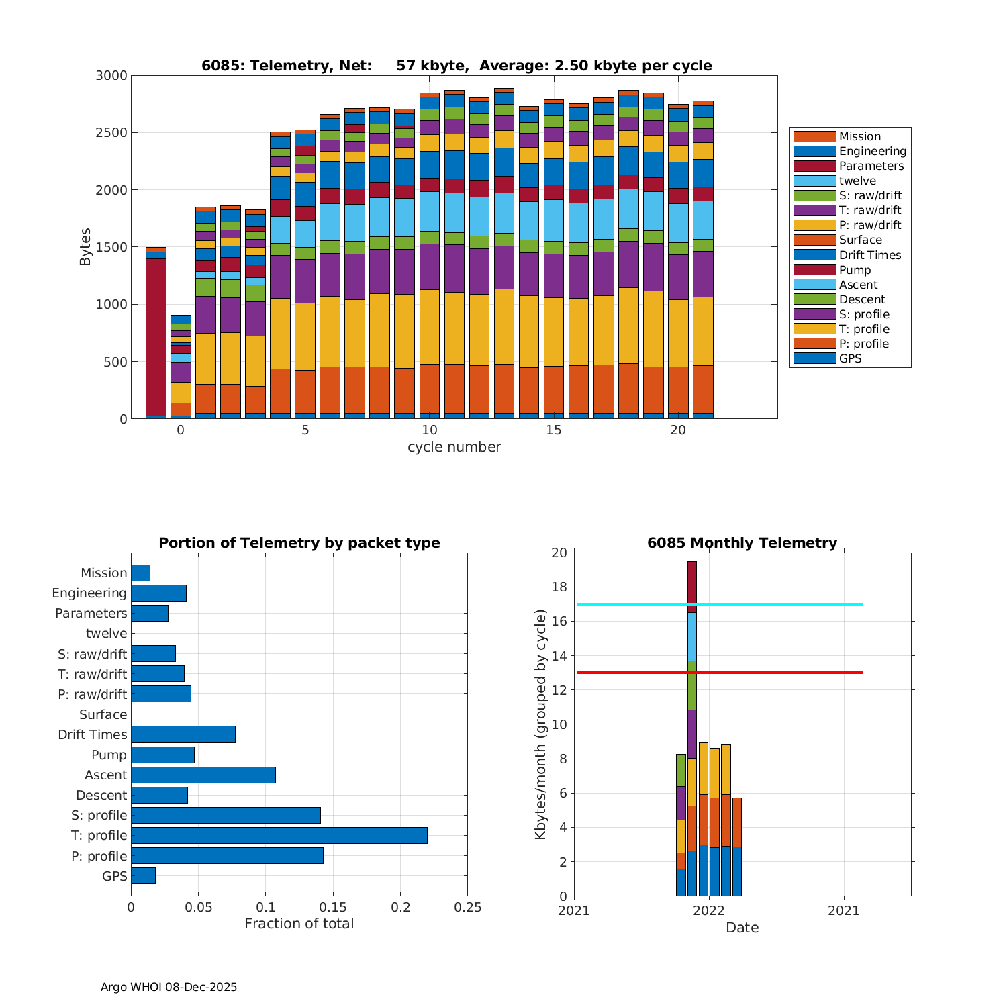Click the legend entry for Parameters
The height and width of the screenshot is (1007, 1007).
pos(871,166)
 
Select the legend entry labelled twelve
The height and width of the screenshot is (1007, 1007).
pos(857,181)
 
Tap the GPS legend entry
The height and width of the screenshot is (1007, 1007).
pos(850,358)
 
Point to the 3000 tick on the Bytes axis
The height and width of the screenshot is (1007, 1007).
pos(111,76)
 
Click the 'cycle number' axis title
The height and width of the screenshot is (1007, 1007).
pos(454,447)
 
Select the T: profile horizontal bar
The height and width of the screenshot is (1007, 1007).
pos(279,835)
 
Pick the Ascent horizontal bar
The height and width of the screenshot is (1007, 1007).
pos(203,775)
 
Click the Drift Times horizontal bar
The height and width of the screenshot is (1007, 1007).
pos(183,734)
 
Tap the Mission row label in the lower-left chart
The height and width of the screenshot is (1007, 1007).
pos(103,573)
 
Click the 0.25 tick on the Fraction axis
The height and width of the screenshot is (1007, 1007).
pos(468,908)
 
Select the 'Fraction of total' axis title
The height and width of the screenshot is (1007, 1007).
pos(299,924)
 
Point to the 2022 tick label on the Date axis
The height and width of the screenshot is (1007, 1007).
pos(708,910)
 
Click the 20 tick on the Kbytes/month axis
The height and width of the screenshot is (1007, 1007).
pos(559,553)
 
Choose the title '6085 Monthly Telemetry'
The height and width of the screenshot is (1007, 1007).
pos(742,543)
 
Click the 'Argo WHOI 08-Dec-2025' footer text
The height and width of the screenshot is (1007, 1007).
pos(169,987)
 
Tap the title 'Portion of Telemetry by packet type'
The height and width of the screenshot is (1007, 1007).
pos(299,543)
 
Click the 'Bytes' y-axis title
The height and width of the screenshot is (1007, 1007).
pos(85,247)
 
